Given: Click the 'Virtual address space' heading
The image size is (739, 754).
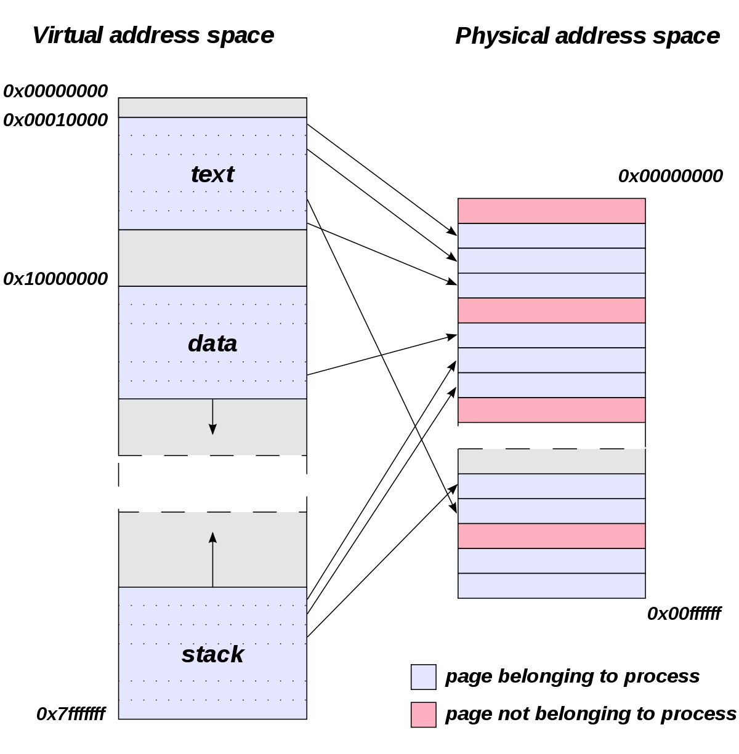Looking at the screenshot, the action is tap(153, 35).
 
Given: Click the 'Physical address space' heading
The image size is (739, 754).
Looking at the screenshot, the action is tap(587, 36).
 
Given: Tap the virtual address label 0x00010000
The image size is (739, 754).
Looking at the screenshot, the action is tap(55, 120).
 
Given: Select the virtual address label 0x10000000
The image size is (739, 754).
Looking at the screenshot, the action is tap(55, 279).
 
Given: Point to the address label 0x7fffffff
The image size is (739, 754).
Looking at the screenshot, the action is tap(70, 714).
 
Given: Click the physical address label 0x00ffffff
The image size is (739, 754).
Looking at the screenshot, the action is tap(684, 614).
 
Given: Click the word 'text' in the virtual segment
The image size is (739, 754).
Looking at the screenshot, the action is tap(212, 174).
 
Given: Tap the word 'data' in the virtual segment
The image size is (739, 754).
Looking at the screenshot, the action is tap(212, 343).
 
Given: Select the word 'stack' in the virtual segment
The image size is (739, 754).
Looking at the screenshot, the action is tap(212, 654).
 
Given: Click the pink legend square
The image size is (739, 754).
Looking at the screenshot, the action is tap(423, 715).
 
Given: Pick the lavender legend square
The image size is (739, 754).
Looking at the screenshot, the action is tap(423, 677).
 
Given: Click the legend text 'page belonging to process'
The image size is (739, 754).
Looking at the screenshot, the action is tap(572, 676).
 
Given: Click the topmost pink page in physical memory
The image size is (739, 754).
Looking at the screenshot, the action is tap(551, 211).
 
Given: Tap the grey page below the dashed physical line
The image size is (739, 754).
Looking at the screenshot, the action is tap(551, 461).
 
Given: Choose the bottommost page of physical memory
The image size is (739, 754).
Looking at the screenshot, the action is tap(551, 586).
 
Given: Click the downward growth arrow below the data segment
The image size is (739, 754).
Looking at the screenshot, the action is tap(212, 417).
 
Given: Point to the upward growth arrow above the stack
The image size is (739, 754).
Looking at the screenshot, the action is tap(212, 559).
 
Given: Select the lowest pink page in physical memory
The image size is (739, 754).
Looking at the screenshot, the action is tap(551, 535).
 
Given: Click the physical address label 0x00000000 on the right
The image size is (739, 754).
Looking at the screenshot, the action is tap(670, 176).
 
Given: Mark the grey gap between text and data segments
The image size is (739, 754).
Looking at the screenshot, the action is tap(212, 258).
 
